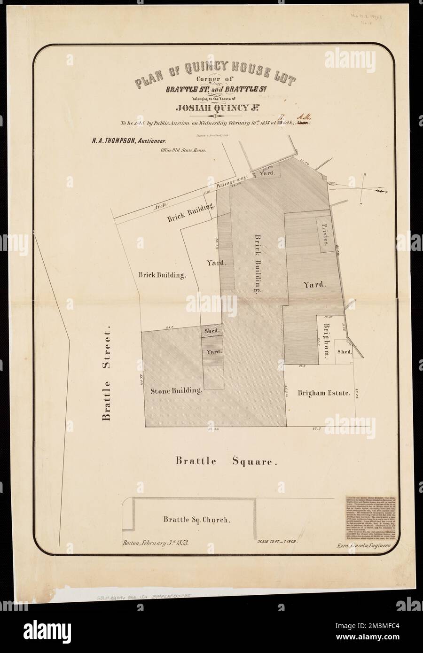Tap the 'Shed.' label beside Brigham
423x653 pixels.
pos(344,352)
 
